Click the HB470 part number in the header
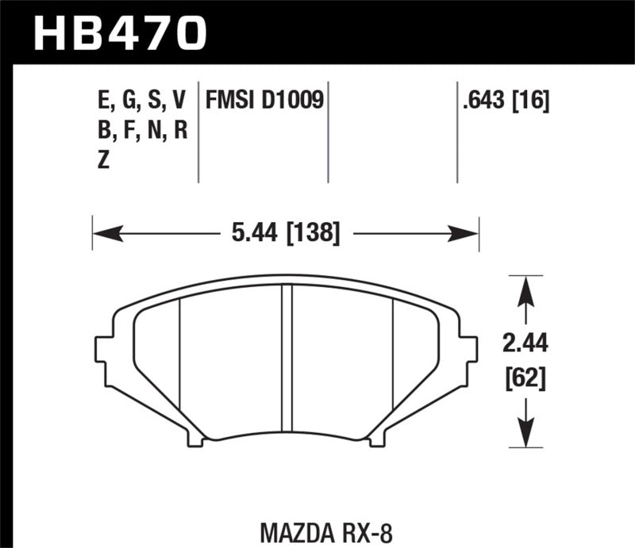[x=119, y=33]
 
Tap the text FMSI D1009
[x=264, y=100]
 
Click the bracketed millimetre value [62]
[x=524, y=378]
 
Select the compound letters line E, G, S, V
[x=140, y=100]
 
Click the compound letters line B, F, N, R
[x=140, y=130]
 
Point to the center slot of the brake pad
[x=287, y=357]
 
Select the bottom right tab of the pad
[x=377, y=435]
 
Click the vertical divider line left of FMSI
[x=198, y=131]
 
